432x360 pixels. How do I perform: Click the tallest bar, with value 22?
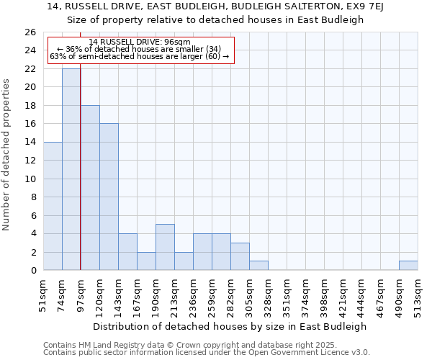point(71,169)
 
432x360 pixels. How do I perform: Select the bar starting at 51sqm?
point(53,206)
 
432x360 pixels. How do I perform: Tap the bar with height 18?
point(90,187)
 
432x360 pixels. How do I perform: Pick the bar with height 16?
point(109,197)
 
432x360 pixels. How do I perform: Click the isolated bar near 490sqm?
point(408,266)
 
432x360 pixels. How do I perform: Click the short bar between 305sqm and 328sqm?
point(258,266)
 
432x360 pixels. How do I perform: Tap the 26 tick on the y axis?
point(30,32)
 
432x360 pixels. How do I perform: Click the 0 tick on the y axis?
point(33,271)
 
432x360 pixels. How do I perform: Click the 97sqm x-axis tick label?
point(81,295)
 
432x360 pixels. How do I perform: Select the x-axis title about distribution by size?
point(230,326)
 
